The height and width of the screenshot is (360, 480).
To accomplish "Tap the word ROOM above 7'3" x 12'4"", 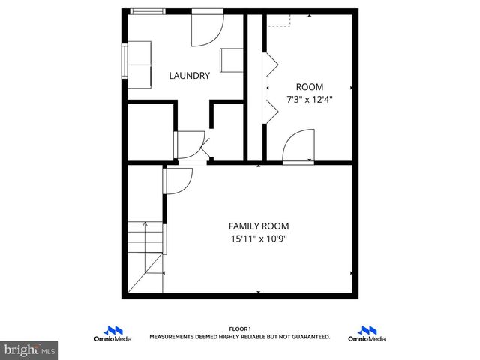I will tap(310, 86).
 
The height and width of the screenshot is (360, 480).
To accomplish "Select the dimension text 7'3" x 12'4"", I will tap(310, 98).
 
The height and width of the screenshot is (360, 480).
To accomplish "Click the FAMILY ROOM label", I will tap(259, 226).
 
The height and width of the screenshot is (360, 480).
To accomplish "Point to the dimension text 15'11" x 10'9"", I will tap(259, 239).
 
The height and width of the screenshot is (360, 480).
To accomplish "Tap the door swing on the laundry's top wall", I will tap(205, 28).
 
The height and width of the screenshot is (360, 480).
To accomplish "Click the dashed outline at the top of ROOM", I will tap(279, 21).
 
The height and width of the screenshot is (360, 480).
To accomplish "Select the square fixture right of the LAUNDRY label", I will tap(231, 60).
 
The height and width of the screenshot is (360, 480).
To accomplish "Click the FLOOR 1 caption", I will tap(239, 328).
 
